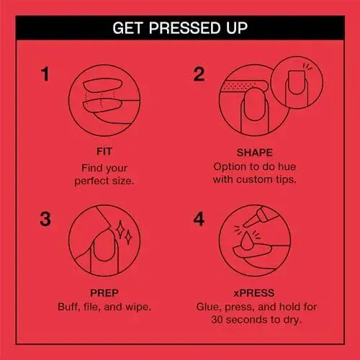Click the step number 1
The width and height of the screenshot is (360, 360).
tap(45, 74)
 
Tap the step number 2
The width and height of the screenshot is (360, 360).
tap(199, 74)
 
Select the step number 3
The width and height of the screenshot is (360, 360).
tap(45, 219)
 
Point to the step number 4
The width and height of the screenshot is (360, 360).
tap(199, 219)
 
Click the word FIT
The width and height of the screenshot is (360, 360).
tap(104, 151)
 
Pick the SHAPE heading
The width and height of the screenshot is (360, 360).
tap(255, 153)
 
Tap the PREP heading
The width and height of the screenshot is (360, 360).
tap(104, 293)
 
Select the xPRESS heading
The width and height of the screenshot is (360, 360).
tap(254, 293)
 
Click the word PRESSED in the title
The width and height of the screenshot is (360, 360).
tap(184, 28)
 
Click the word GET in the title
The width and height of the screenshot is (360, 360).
tap(127, 28)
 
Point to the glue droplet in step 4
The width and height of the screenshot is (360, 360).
tap(246, 240)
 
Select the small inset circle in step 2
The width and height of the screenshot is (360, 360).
tap(297, 83)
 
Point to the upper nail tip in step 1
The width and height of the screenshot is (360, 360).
tap(103, 85)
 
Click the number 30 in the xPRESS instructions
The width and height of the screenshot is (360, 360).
tap(217, 320)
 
